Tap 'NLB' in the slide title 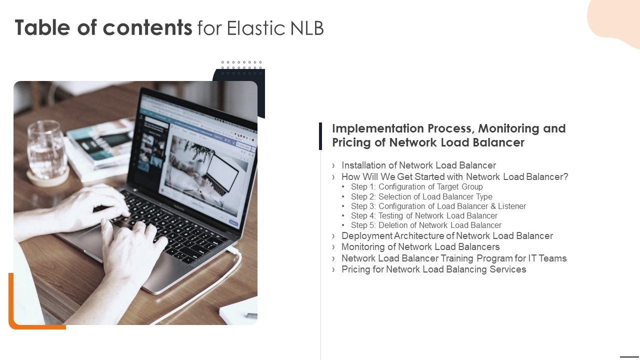(307, 28)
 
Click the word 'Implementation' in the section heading (378, 128)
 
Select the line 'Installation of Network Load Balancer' (418, 165)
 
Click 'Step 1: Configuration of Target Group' (416, 187)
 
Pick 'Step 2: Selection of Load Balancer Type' (421, 196)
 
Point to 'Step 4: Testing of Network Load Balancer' (424, 215)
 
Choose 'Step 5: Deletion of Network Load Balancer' (426, 225)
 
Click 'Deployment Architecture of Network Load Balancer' (447, 235)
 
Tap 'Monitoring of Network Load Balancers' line (420, 247)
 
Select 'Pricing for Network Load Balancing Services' (433, 269)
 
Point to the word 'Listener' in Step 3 (512, 206)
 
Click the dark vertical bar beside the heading (320, 136)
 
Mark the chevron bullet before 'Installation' (333, 165)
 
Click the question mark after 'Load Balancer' (565, 177)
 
